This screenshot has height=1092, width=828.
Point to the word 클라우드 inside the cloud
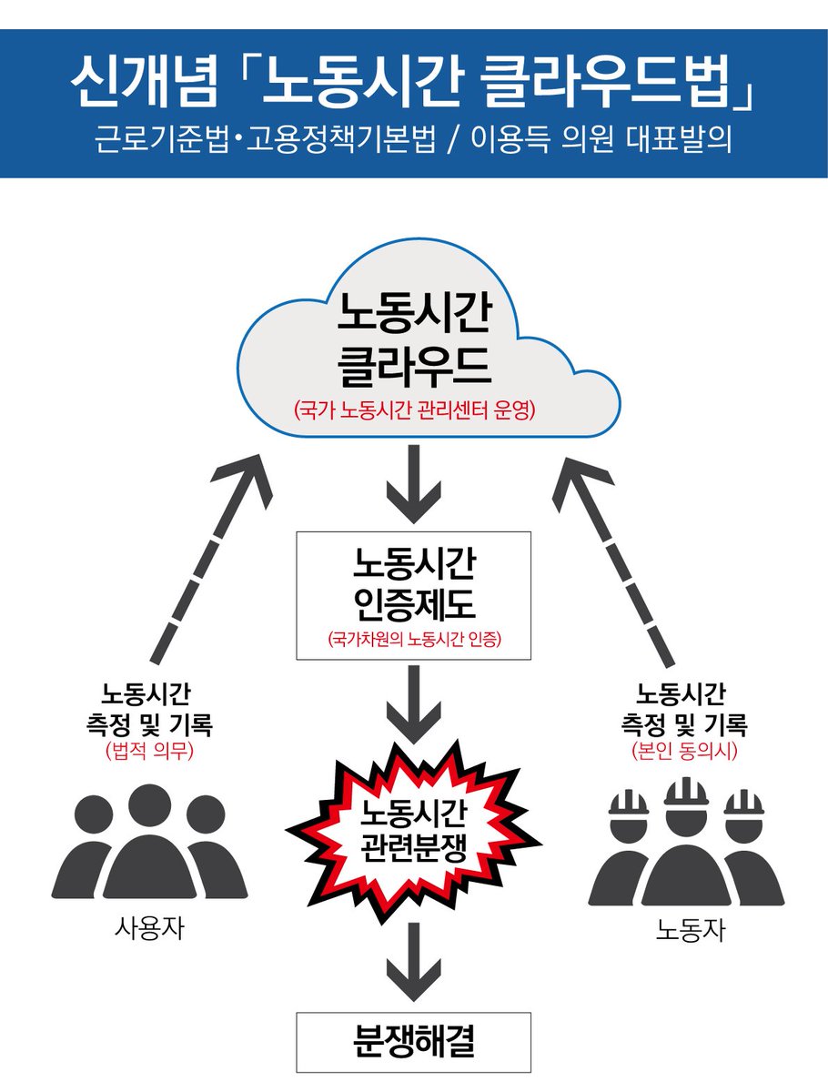coord(414,366)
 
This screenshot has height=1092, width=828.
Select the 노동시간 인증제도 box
coord(414,594)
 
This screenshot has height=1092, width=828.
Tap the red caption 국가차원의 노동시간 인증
coord(414,639)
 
